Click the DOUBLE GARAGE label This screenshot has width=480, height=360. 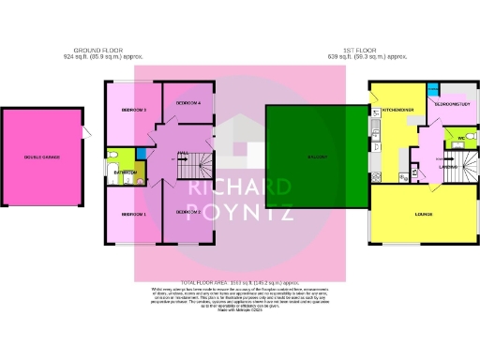42,157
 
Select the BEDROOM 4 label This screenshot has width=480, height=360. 188,101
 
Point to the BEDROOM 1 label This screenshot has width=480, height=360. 133,214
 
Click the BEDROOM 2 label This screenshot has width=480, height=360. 188,211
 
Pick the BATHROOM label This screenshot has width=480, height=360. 126,172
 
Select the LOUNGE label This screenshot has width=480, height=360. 424,215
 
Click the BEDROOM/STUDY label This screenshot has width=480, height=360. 452,104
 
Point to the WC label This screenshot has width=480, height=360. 461,138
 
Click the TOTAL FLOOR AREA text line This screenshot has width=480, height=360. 240,282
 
